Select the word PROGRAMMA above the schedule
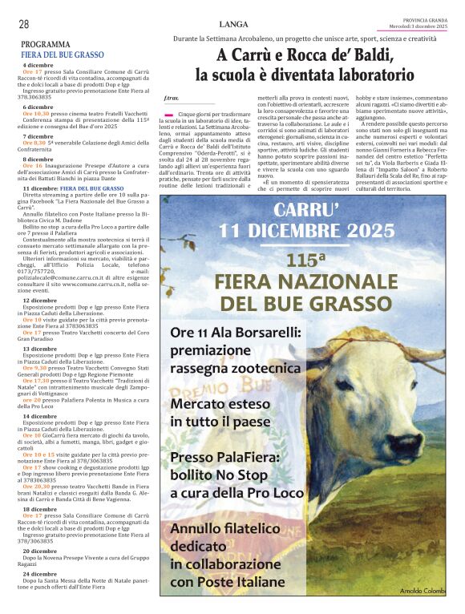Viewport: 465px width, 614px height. click(45, 45)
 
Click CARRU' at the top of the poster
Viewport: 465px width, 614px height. click(306, 211)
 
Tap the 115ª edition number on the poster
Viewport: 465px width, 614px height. click(305, 261)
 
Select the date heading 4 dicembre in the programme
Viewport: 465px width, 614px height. click(38, 65)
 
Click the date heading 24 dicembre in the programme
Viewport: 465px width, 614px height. click(39, 574)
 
